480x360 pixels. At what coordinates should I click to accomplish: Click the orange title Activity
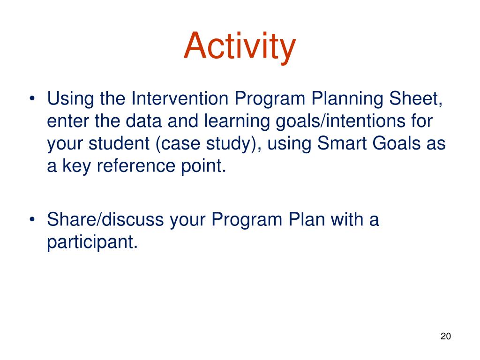pos(240,46)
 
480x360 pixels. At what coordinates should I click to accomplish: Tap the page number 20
pos(446,336)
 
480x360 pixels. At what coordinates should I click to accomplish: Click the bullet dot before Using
pos(32,99)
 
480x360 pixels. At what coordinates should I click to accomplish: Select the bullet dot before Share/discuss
pos(32,220)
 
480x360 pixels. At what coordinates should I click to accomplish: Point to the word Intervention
pos(180,98)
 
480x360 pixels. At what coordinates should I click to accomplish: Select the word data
pos(143,120)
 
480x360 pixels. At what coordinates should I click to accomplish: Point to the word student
pos(119,143)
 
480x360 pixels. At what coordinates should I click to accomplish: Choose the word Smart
pos(342,143)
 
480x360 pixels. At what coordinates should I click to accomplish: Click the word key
pos(76,166)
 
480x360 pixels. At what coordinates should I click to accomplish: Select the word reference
pos(135,165)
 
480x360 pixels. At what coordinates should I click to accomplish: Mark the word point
pos(203,166)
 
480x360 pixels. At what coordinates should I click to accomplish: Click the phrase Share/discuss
pos(105,219)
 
